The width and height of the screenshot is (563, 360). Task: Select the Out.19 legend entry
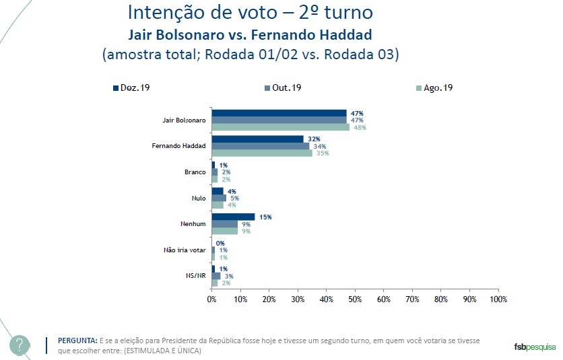tap(283, 88)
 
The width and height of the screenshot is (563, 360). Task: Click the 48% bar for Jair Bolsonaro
tap(280, 127)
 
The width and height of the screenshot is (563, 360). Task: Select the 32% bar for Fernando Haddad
tap(257, 139)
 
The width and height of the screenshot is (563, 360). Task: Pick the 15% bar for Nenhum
tap(233, 217)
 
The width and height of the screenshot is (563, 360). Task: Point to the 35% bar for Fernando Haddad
tap(262, 153)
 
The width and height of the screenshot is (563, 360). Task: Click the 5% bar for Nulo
tap(219, 198)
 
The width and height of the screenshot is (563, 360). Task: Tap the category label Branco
tap(195, 172)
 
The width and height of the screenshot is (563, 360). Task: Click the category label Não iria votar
tap(185, 250)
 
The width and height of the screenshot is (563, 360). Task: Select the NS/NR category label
tap(195, 276)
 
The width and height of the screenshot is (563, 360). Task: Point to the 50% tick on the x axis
tap(355, 298)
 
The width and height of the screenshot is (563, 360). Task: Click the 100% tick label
tap(498, 298)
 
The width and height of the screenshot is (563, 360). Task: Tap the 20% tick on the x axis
tap(269, 298)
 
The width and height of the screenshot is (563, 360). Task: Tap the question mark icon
tap(20, 346)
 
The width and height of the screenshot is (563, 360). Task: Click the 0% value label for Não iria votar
tap(220, 243)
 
